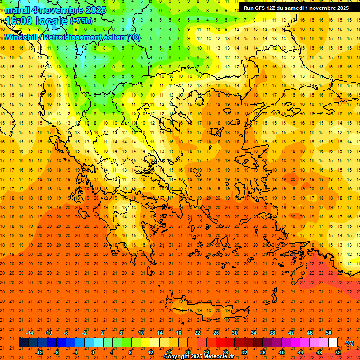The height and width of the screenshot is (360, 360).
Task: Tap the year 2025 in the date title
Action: pos(93,9)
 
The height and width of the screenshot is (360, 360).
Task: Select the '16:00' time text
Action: pos(20,21)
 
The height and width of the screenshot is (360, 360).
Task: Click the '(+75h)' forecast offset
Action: pos(81,21)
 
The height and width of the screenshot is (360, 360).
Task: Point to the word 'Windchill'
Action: pos(22,37)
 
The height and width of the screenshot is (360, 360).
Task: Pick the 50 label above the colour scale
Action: pos(329,333)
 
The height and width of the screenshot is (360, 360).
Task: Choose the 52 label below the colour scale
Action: pos(338,352)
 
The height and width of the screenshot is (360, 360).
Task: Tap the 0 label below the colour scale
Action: pos(93,352)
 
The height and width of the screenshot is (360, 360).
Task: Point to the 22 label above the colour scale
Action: pos(197,333)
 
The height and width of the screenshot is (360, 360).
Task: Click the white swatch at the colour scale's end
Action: pos(333,343)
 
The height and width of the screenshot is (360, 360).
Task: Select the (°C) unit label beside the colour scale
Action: pos(349,343)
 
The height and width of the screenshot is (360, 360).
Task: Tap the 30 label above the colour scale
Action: pos(235,333)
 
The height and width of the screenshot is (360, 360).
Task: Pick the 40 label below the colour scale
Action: pos(282,352)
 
